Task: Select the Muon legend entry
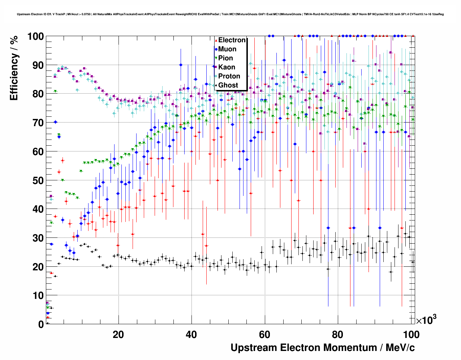tap(227, 49)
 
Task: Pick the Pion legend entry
tap(225, 58)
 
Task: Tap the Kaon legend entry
tap(227, 67)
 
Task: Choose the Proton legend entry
tap(229, 76)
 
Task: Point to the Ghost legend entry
tap(228, 85)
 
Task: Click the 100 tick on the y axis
tap(35, 37)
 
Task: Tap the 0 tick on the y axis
tap(41, 324)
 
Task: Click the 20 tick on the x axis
tap(118, 334)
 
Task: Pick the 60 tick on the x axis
tap(264, 334)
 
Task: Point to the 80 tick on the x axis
tap(338, 334)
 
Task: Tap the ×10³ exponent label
tap(426, 320)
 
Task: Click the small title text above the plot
tap(230, 14)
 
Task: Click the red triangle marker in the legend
tap(216, 40)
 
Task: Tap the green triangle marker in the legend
tap(216, 58)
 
